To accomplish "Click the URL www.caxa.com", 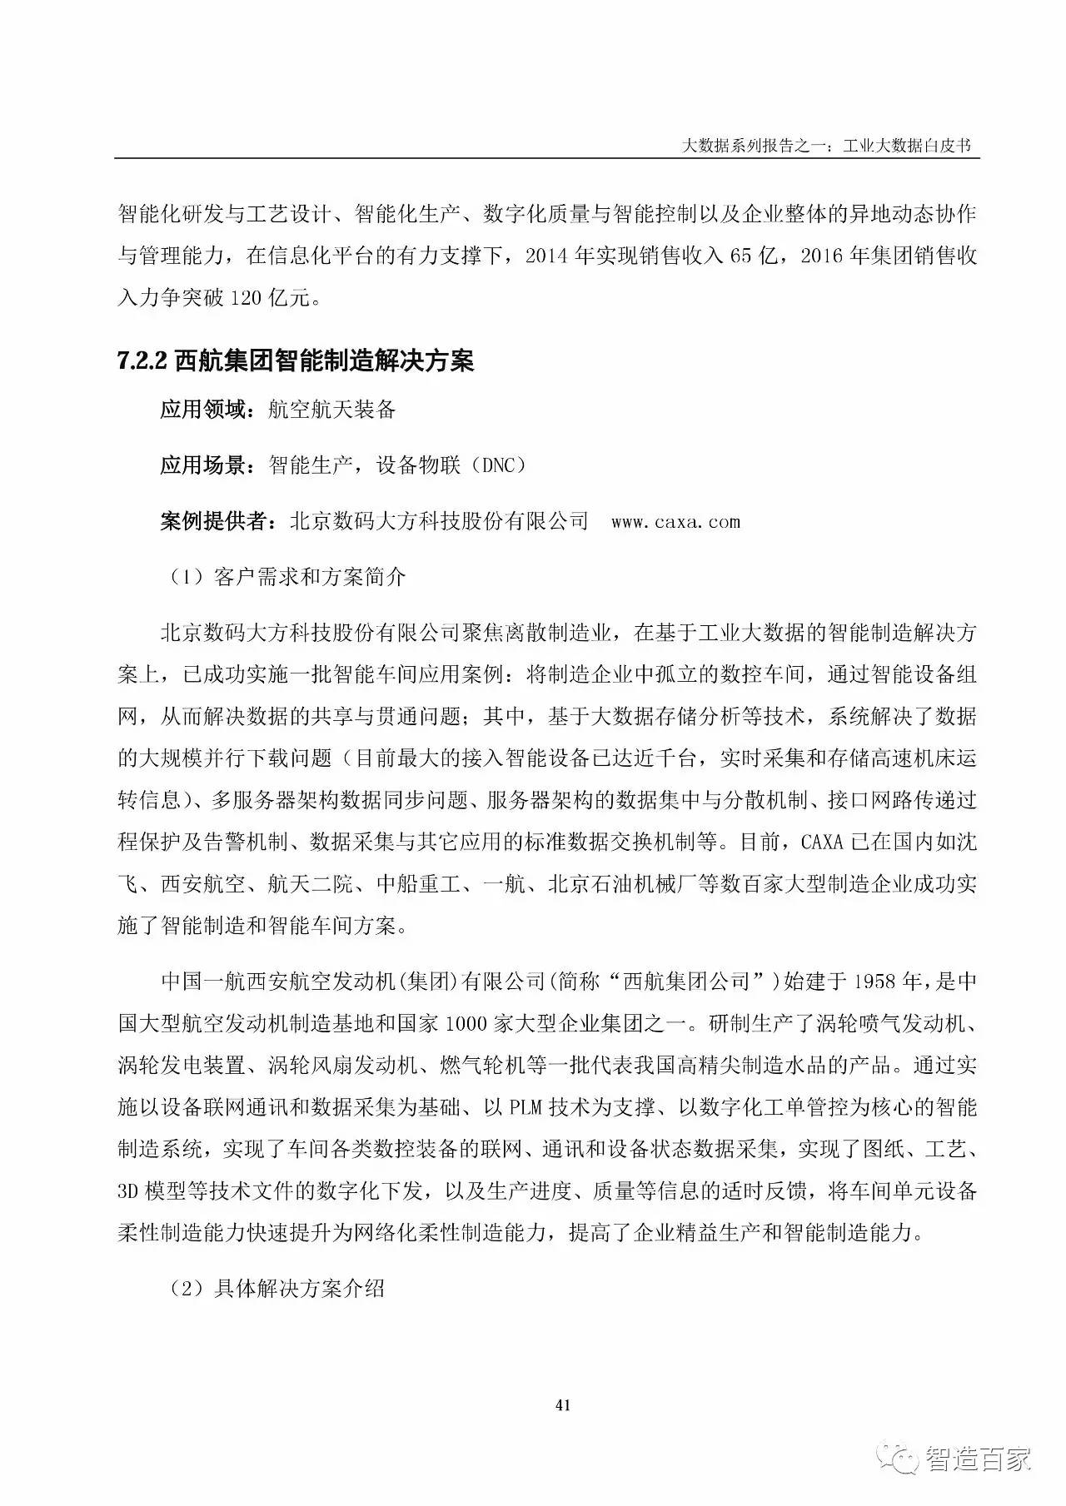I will click(675, 522).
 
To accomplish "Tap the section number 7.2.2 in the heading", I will click(143, 360).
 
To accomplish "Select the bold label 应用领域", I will click(203, 410).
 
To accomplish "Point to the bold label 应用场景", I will click(203, 465).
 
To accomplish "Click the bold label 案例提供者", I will click(214, 522).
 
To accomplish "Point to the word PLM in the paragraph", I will click(528, 1107).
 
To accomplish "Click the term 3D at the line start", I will click(132, 1191).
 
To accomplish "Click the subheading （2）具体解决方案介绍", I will click(276, 1289).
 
